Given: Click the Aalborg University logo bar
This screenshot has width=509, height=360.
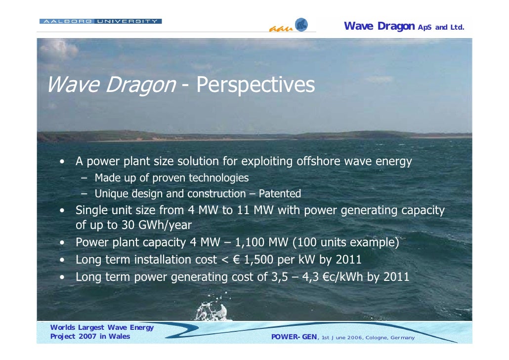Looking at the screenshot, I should [x=100, y=21].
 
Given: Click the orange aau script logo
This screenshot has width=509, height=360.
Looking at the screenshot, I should [x=280, y=29].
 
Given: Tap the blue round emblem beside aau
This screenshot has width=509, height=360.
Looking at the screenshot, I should [x=301, y=25].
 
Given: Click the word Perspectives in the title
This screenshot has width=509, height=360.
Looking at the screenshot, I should [x=255, y=85].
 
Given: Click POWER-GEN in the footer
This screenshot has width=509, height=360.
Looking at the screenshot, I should [x=295, y=337].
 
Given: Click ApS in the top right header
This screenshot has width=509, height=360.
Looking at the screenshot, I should [x=425, y=27].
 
